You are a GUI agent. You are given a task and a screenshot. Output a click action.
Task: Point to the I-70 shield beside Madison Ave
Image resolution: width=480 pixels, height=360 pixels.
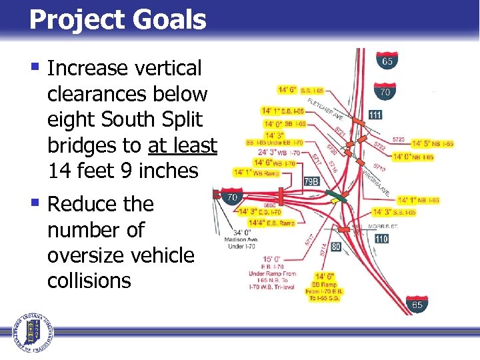(x=232, y=197)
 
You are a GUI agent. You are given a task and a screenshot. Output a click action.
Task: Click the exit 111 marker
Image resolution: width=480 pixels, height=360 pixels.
(x=375, y=115)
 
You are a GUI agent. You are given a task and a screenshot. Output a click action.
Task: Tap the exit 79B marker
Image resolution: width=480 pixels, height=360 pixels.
(x=311, y=181)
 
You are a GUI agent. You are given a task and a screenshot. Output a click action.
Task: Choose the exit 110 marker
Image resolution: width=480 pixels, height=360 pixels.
(x=381, y=239)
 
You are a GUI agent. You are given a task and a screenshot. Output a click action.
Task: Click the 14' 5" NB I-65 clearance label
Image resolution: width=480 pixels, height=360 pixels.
(x=433, y=143)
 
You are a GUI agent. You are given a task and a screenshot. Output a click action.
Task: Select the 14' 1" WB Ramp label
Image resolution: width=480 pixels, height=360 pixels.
(x=257, y=172)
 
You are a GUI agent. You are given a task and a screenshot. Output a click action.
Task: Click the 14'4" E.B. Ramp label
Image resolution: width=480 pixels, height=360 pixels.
(x=271, y=223)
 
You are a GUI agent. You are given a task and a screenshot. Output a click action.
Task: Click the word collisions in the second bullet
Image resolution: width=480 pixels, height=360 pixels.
(x=89, y=281)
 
